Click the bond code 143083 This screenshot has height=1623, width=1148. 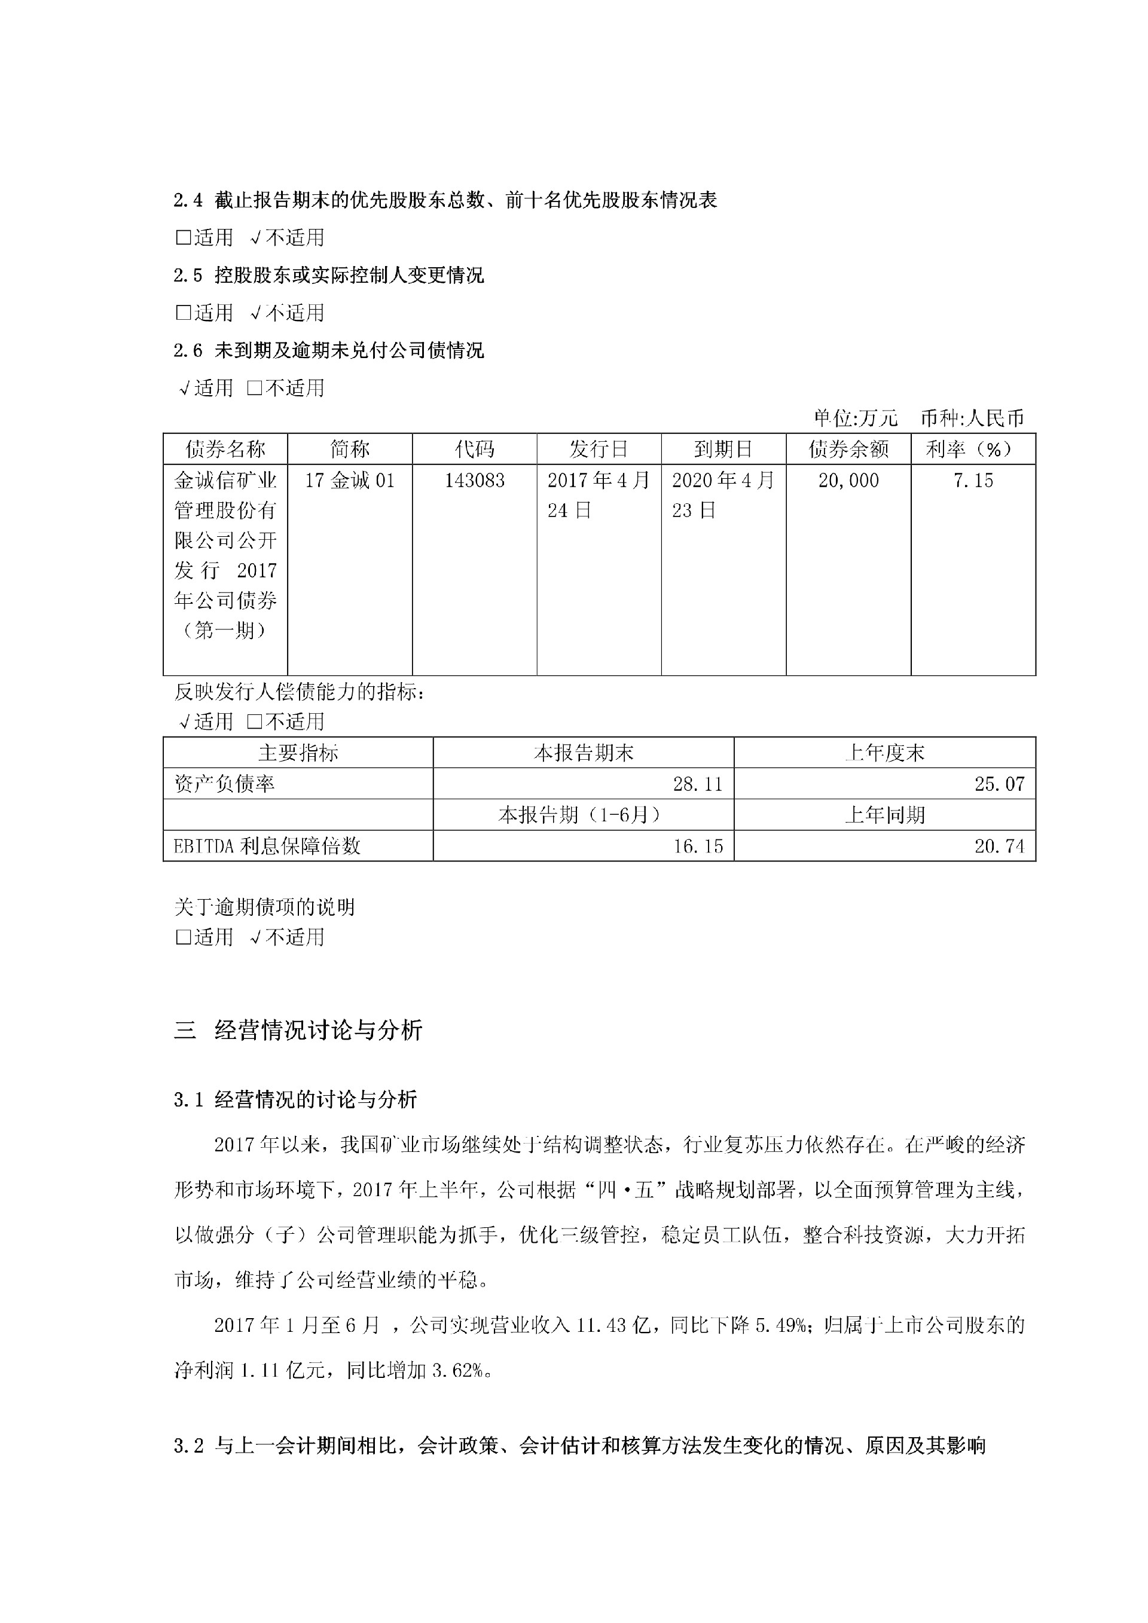pyautogui.click(x=474, y=481)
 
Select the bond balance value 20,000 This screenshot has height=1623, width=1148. pyautogui.click(x=848, y=481)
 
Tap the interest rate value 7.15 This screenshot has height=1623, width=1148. pyautogui.click(x=973, y=481)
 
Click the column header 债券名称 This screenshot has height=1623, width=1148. pyautogui.click(x=225, y=449)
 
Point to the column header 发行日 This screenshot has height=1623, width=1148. pyautogui.click(x=599, y=449)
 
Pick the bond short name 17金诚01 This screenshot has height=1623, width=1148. pyautogui.click(x=349, y=481)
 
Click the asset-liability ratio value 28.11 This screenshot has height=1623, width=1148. pyautogui.click(x=698, y=784)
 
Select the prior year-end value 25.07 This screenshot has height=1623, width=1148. pyautogui.click(x=999, y=784)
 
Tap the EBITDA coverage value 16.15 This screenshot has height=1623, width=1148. pyautogui.click(x=698, y=846)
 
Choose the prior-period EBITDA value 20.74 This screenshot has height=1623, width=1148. pyautogui.click(x=999, y=846)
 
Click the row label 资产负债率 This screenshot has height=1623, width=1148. pyautogui.click(x=225, y=784)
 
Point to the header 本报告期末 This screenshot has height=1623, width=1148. pyautogui.click(x=583, y=753)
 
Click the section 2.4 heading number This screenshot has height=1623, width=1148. pyautogui.click(x=188, y=201)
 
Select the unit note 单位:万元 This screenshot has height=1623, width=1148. pyautogui.click(x=856, y=418)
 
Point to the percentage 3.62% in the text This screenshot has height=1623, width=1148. pyautogui.click(x=457, y=1371)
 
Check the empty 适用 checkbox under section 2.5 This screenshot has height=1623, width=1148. pyautogui.click(x=183, y=313)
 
